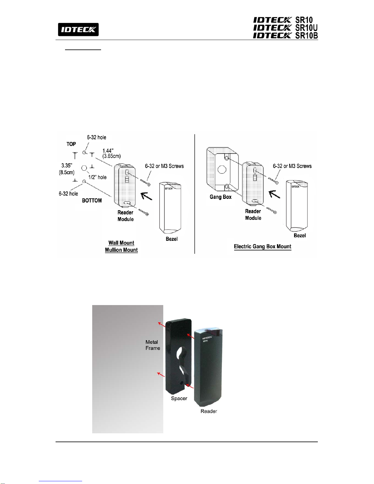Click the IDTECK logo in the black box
pos(78,30)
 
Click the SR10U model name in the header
pos(306,28)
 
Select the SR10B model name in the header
pos(306,35)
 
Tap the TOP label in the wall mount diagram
pos(71,144)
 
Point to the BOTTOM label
pos(92,201)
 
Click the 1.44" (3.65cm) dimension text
pos(111,153)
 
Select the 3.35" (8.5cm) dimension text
pos(67,169)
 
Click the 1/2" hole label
pos(97,177)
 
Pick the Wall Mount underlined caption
pos(121,243)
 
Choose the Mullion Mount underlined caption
pos(121,250)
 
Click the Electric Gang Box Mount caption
pos(263,246)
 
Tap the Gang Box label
pos(220,197)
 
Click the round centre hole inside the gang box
pos(222,169)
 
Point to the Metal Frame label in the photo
pos(153,345)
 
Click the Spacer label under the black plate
pos(179,398)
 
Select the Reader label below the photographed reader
pos(209,411)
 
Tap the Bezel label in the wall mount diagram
pos(172,239)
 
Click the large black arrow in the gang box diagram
pos(274,194)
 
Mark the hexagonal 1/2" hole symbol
pos(85,168)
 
